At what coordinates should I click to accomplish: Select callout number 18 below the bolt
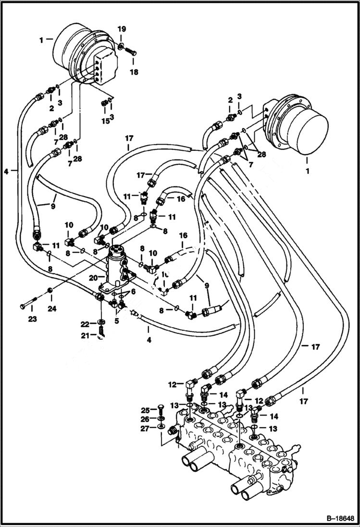134,72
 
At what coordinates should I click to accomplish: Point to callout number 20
93,277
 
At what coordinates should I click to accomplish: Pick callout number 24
52,309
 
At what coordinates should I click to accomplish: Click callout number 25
146,410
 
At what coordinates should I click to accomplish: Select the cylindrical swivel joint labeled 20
115,270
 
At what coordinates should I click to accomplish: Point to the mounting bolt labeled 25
159,410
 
